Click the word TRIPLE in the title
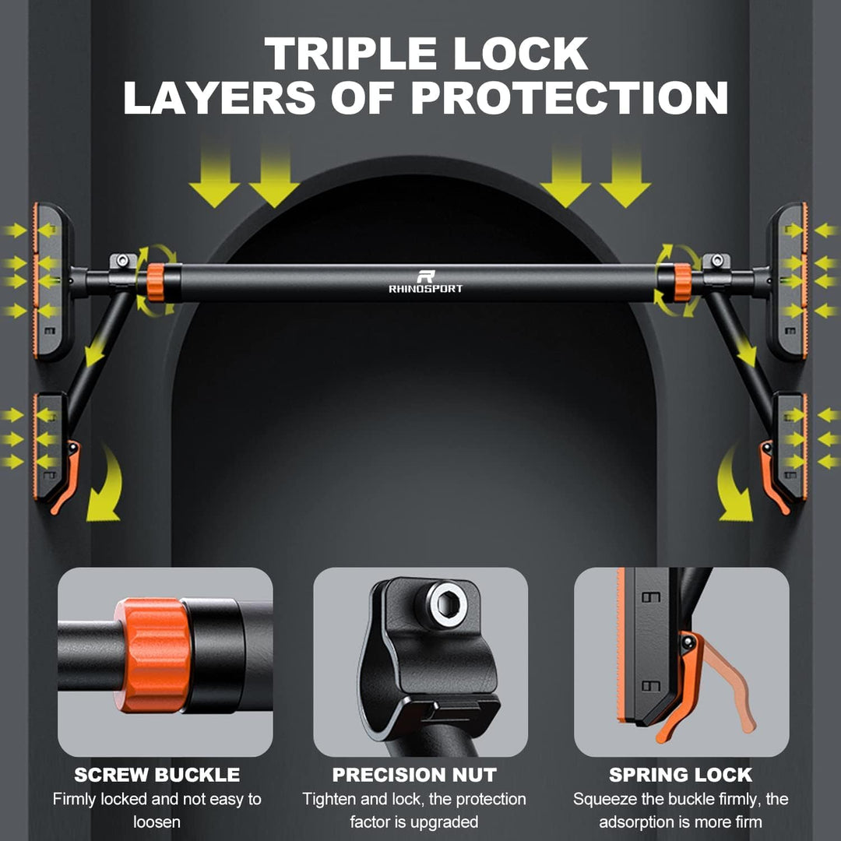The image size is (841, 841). point(350,54)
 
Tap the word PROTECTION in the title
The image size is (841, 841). point(569,97)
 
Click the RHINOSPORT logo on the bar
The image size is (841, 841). point(425,283)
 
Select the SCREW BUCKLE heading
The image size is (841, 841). point(157,775)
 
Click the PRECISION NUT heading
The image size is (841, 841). point(414,775)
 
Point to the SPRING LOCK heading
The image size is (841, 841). point(680,775)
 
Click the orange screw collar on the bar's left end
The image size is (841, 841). point(155,283)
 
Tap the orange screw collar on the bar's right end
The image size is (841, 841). point(683,283)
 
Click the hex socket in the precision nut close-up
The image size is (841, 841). point(447,604)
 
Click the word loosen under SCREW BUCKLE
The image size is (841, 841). point(157,822)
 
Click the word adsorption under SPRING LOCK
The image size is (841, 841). point(638,822)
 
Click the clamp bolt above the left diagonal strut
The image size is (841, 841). point(123,261)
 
